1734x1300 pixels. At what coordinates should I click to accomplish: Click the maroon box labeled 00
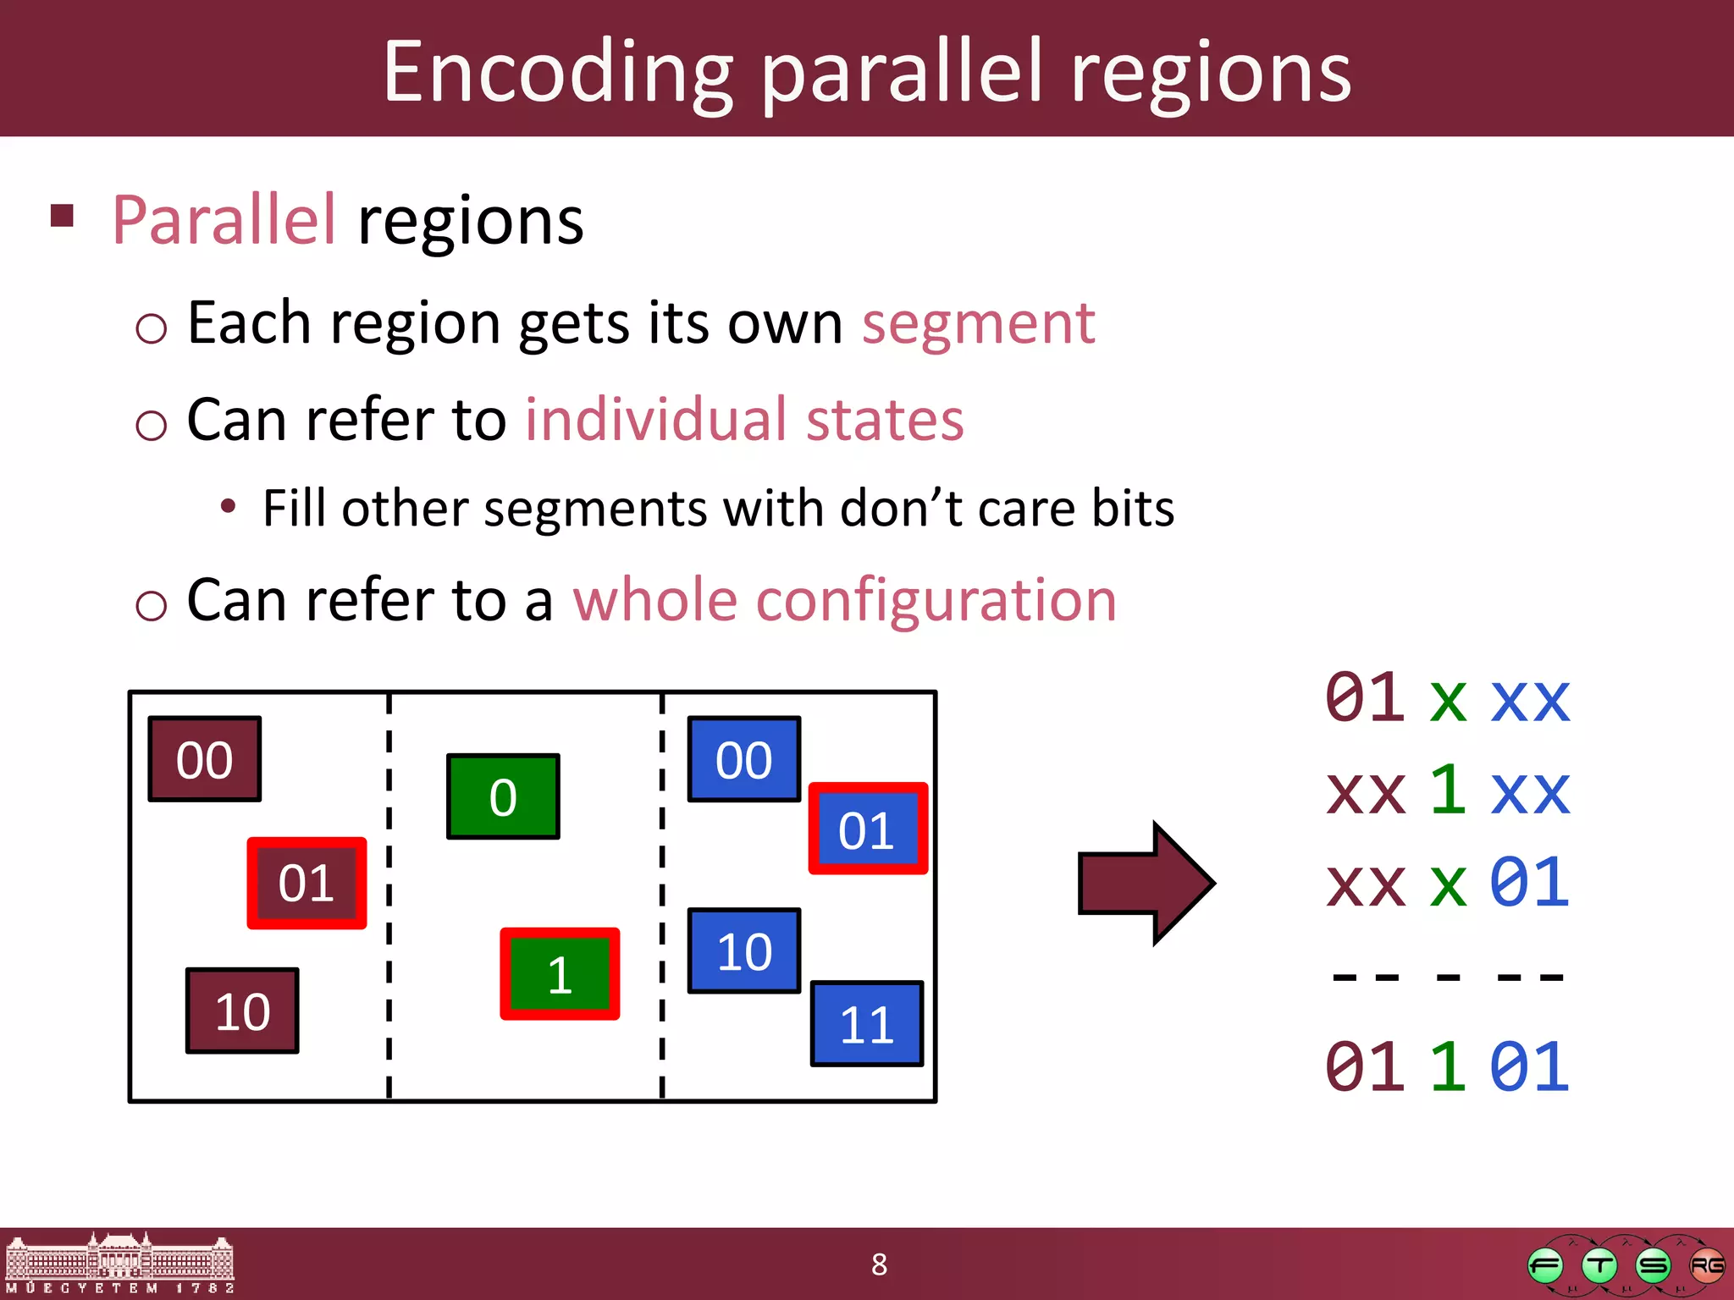(x=204, y=759)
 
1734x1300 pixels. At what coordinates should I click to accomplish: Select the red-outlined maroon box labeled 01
(x=306, y=883)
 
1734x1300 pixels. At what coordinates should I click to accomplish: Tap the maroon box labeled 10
(x=242, y=1011)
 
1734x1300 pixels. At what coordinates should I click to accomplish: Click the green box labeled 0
(x=503, y=796)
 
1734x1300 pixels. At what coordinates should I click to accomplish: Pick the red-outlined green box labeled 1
(x=560, y=973)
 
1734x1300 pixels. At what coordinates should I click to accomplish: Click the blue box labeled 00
(x=743, y=759)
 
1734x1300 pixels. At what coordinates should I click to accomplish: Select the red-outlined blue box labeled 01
(x=867, y=829)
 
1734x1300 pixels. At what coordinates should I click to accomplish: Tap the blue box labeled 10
(x=743, y=950)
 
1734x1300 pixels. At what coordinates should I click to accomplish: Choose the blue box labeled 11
(x=866, y=1023)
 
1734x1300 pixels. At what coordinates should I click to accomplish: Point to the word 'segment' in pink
(x=978, y=323)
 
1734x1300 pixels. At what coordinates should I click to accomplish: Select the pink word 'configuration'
(x=936, y=600)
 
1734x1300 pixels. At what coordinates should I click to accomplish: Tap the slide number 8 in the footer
(x=879, y=1264)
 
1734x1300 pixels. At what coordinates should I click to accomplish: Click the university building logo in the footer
(x=119, y=1262)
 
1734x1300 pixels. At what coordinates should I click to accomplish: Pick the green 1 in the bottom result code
(x=1447, y=1066)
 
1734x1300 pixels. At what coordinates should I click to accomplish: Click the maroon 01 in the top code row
(x=1365, y=698)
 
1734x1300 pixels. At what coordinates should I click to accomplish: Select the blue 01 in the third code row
(x=1529, y=883)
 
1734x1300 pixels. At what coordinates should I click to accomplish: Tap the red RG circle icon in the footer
(x=1705, y=1265)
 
